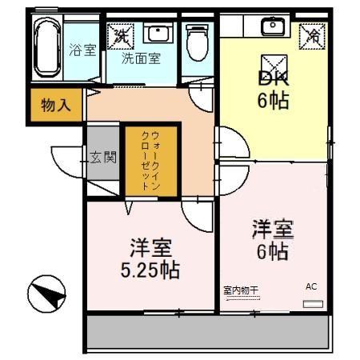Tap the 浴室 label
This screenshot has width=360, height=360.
tap(82, 50)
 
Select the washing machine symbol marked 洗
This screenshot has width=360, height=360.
tap(122, 34)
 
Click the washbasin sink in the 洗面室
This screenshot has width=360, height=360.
tap(157, 34)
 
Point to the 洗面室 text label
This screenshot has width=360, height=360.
tap(141, 58)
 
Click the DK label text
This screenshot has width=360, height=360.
tap(273, 78)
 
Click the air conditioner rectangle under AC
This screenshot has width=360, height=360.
tap(313, 304)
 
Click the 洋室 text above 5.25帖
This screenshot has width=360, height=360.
tap(150, 244)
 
